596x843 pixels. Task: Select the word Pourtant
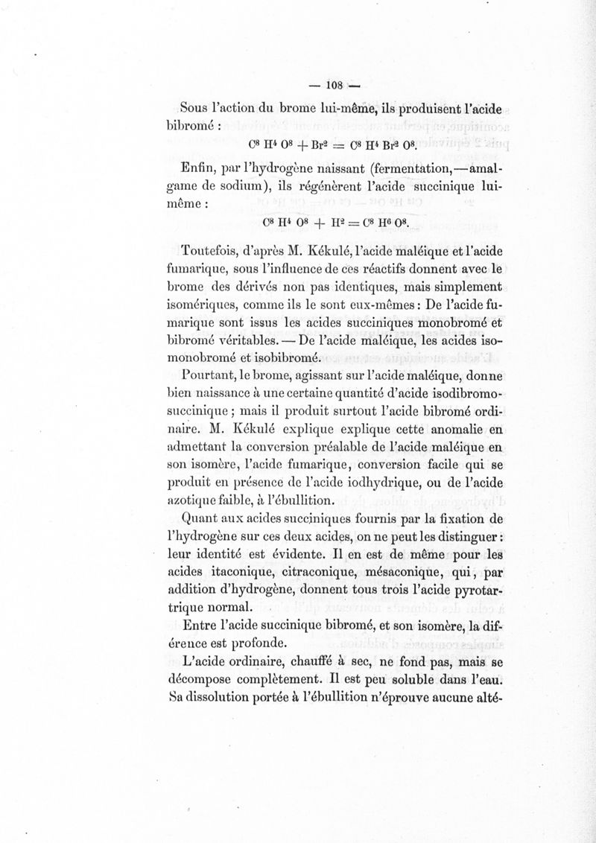click(206, 374)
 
